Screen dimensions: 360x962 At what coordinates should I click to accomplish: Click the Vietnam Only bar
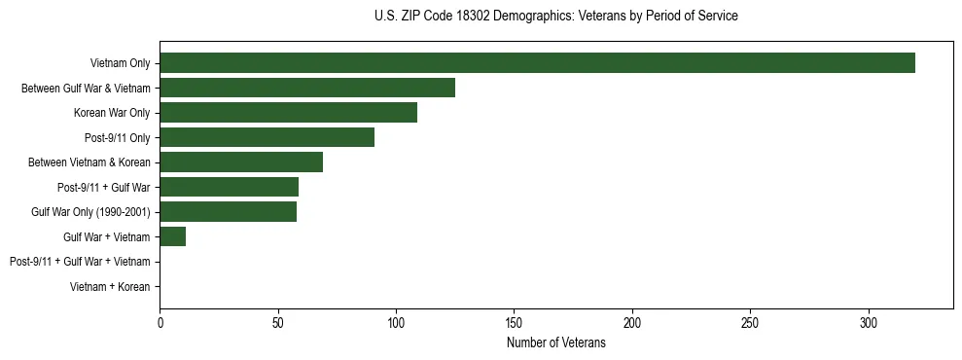click(x=537, y=63)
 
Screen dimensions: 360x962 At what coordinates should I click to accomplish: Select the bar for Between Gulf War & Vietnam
click(x=307, y=88)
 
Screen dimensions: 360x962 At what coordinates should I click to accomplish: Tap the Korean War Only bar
click(x=288, y=113)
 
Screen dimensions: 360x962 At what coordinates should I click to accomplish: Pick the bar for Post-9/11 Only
click(x=267, y=137)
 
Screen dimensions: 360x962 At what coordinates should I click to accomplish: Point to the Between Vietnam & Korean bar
click(x=241, y=162)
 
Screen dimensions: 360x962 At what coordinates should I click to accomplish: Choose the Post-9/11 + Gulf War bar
click(x=229, y=187)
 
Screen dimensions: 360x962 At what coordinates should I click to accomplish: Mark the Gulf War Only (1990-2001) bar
click(x=228, y=212)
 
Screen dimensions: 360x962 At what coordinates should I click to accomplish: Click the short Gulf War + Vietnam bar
click(x=172, y=236)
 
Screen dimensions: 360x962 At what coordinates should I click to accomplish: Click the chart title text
click(x=555, y=17)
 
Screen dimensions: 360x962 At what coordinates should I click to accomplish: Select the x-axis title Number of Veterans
click(x=555, y=343)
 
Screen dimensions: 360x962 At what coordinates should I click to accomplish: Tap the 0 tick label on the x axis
click(x=160, y=323)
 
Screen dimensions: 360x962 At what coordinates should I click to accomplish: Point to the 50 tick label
click(x=277, y=323)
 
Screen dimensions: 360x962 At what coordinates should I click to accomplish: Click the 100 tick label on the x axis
click(x=396, y=323)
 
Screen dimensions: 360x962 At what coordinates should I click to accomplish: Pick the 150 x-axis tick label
click(x=514, y=323)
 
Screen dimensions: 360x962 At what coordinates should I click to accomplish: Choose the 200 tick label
click(x=632, y=323)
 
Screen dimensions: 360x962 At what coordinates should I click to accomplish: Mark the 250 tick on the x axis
click(x=750, y=323)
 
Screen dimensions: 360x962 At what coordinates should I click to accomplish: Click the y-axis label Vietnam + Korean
click(x=110, y=287)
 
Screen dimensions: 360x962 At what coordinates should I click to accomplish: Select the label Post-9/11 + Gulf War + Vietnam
click(x=80, y=262)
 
